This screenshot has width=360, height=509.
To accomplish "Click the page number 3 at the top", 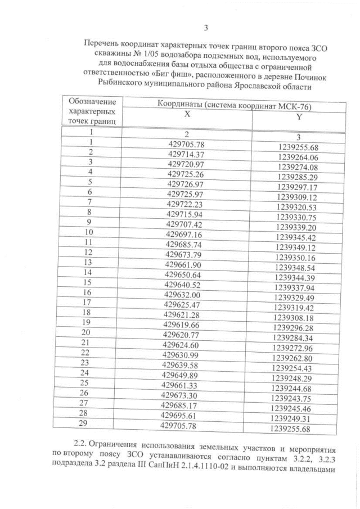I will coord(205,28).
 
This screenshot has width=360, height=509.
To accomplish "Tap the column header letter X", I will coord(187,113).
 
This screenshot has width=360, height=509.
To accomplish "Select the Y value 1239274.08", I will coord(298,167).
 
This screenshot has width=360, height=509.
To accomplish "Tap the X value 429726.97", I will coord(185,184).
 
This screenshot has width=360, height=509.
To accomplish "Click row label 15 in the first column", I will coord(87,282).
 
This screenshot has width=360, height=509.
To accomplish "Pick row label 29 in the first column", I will coord(84,425).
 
